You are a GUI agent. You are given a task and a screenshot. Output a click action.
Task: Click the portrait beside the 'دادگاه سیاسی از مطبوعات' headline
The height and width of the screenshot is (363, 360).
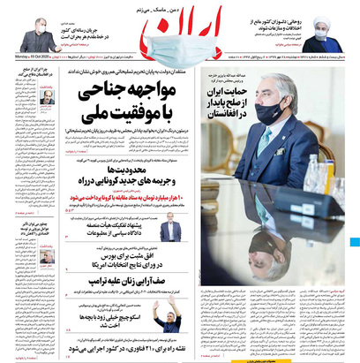[171, 232]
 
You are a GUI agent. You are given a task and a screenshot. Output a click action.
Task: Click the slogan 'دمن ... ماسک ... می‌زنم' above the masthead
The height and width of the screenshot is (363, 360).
[181, 7]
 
